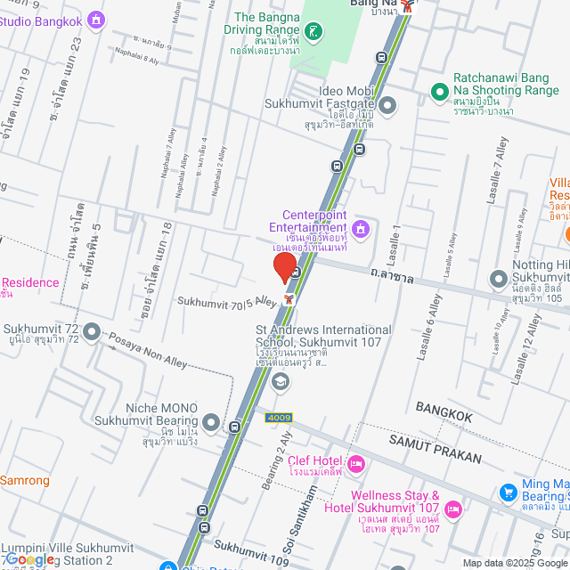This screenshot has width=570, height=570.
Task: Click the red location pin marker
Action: point(285,267)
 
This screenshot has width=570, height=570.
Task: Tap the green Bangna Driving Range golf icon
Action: point(313,34)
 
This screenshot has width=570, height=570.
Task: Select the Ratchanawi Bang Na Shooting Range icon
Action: point(439,92)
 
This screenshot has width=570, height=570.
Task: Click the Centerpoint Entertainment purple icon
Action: point(361,229)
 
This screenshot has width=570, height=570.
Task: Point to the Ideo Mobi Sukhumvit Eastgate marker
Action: point(387,108)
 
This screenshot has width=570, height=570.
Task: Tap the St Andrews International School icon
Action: point(281,382)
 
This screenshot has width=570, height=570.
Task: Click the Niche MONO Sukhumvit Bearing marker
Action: point(211,421)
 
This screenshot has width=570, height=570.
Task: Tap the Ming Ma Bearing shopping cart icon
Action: point(508,492)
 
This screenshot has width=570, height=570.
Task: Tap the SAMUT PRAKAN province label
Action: point(435,450)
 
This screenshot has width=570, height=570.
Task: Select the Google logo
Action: point(29,559)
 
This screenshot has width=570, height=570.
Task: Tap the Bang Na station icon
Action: point(407,5)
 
